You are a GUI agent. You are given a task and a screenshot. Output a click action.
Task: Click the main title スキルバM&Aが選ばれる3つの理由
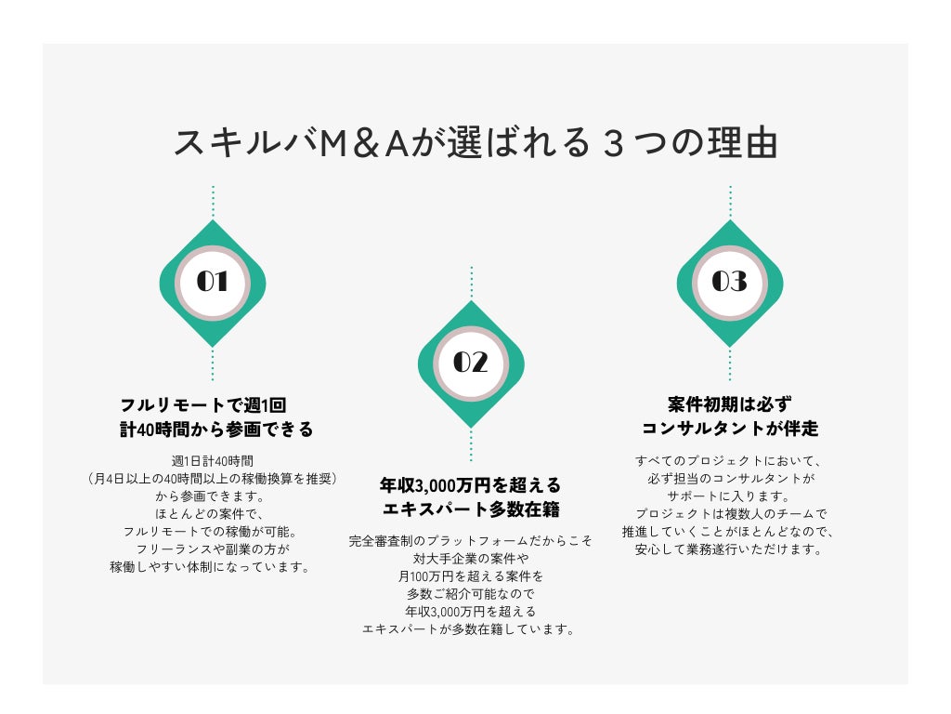[x=475, y=143]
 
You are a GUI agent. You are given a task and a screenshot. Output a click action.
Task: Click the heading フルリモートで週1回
[x=202, y=405]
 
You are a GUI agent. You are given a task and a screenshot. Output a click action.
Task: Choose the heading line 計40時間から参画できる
[x=215, y=430]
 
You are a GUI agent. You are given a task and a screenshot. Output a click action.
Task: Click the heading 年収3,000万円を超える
[x=471, y=485]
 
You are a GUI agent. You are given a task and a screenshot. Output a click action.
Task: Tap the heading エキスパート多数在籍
[x=471, y=509]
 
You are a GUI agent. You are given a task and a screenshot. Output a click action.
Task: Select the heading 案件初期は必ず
[x=729, y=405]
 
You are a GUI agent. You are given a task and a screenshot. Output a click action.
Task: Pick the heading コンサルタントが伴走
[x=729, y=430]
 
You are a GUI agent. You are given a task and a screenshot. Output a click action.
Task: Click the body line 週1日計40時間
[x=213, y=460]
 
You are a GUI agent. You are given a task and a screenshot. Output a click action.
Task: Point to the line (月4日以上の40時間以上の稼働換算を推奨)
[x=213, y=478]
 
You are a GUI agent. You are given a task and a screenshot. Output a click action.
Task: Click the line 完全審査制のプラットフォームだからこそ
[x=471, y=540]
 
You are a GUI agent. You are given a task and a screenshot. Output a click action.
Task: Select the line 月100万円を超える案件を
[x=471, y=575]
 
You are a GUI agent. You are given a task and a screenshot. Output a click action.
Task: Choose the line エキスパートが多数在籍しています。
[x=471, y=628]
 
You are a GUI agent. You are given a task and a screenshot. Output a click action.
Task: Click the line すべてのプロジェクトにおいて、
[x=729, y=460]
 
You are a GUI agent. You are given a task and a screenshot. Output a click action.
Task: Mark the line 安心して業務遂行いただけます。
[x=729, y=549]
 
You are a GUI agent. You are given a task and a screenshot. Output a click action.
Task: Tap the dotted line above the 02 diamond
[x=471, y=284]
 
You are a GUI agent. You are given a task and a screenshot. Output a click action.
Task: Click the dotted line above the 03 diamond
[x=730, y=203]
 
